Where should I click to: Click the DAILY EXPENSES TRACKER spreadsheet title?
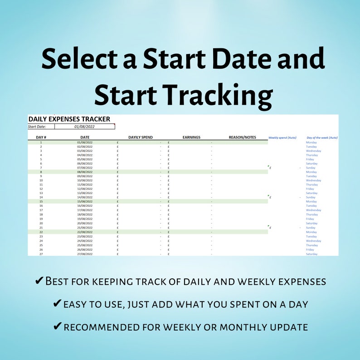coord(69,119)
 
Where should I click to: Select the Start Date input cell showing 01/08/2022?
coord(84,127)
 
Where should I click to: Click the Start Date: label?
coord(37,127)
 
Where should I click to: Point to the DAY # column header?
coord(41,137)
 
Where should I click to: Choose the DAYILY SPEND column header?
coord(141,137)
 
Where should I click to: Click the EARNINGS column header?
coord(191,137)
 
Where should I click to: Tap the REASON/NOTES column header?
coord(242,137)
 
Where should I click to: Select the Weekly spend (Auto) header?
coord(282,137)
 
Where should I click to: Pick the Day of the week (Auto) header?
coord(322,137)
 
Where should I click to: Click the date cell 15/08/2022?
coord(85,202)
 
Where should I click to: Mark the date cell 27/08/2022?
coord(85,254)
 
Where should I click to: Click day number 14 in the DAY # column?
coord(41,197)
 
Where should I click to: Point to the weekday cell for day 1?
coord(311,142)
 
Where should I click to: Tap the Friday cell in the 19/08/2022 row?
coord(310,219)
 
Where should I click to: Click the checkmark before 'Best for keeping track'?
coord(39,281)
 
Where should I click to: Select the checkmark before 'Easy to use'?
coord(57,304)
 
